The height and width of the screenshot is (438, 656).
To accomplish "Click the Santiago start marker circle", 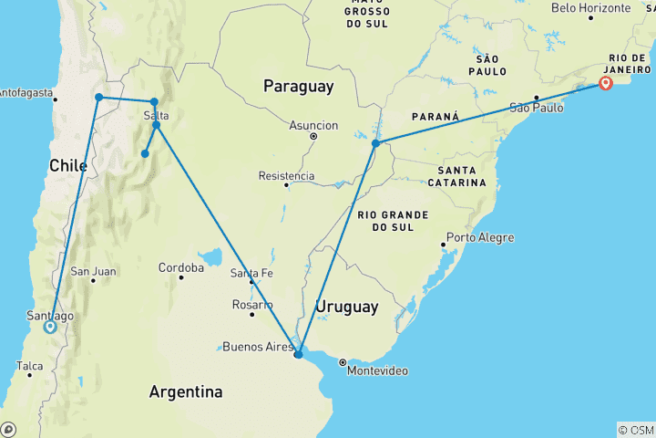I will pos(49,326).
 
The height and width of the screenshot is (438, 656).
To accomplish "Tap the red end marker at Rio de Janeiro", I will pos(606,85).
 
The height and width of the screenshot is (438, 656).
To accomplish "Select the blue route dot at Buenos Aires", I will pos(298,353).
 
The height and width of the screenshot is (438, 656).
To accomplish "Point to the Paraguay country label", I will pos(298,87).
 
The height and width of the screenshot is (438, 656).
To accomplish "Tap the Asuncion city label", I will pos(313,126).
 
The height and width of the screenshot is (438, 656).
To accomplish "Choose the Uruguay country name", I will pos(346,308).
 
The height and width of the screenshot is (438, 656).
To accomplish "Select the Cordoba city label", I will pos(180,268).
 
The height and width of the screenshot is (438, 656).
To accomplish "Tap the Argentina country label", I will pos(186,392).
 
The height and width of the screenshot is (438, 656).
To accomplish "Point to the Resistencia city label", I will pos(287,176).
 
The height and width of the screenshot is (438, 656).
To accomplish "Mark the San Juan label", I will pos(93,271).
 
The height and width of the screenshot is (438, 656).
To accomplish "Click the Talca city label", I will pos(29,366).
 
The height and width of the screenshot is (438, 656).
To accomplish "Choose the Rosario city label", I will pos(252,304).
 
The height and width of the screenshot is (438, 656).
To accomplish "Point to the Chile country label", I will pos(68,165).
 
